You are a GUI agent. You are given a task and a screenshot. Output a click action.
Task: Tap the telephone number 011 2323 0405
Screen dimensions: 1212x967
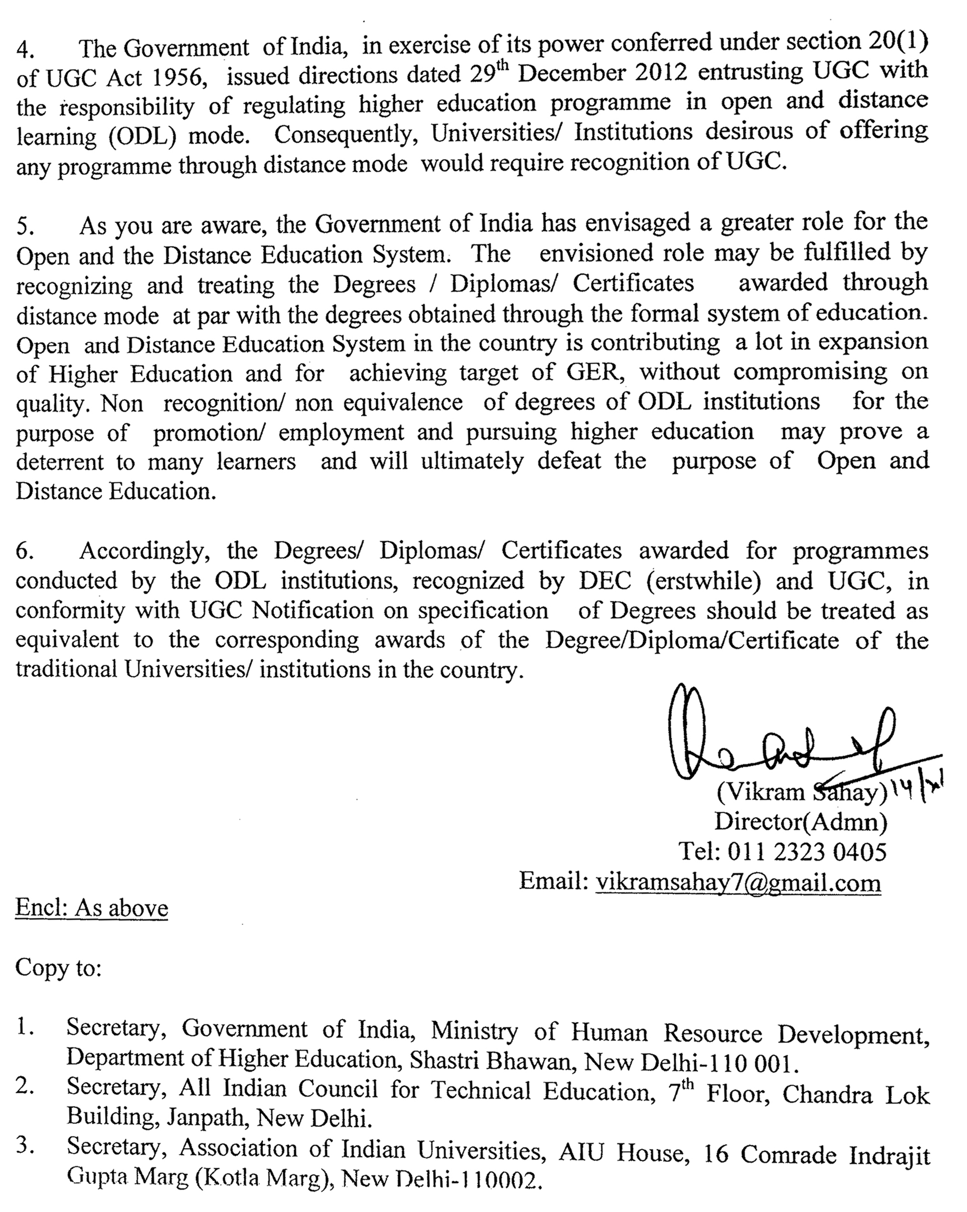coord(807,851)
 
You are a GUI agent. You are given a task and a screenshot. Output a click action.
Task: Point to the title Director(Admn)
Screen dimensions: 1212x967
coord(801,821)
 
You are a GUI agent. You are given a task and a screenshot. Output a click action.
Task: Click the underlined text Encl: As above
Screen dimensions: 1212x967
coord(92,907)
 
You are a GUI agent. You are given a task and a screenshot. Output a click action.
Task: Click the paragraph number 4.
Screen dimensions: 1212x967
coord(25,50)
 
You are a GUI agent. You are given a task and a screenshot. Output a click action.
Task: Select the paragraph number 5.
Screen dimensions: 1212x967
coord(25,226)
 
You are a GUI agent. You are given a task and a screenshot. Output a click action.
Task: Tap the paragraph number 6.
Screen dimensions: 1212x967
coord(25,551)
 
